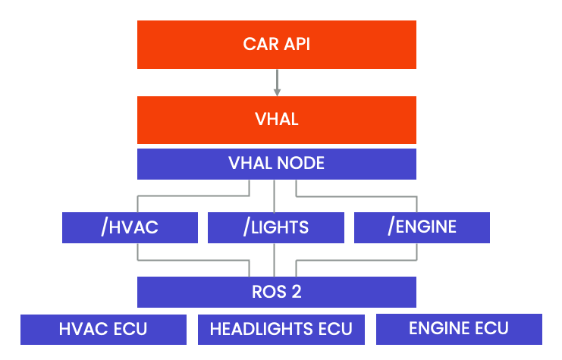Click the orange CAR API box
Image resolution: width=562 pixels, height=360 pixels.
click(276, 44)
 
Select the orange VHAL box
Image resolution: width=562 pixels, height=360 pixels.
click(276, 120)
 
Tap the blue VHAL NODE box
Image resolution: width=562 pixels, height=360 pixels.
click(276, 163)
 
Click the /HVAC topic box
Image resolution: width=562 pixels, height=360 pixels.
click(130, 227)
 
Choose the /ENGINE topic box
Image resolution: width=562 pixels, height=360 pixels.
click(422, 227)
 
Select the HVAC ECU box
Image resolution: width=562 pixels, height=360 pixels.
click(103, 329)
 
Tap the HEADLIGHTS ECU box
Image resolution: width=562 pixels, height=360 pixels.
click(281, 329)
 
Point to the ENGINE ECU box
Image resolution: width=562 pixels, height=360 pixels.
click(459, 329)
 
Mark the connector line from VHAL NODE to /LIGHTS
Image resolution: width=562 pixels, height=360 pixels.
click(273, 196)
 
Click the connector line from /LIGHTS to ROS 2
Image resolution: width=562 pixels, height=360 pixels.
click(273, 259)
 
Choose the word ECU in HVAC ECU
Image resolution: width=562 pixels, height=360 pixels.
click(130, 329)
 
